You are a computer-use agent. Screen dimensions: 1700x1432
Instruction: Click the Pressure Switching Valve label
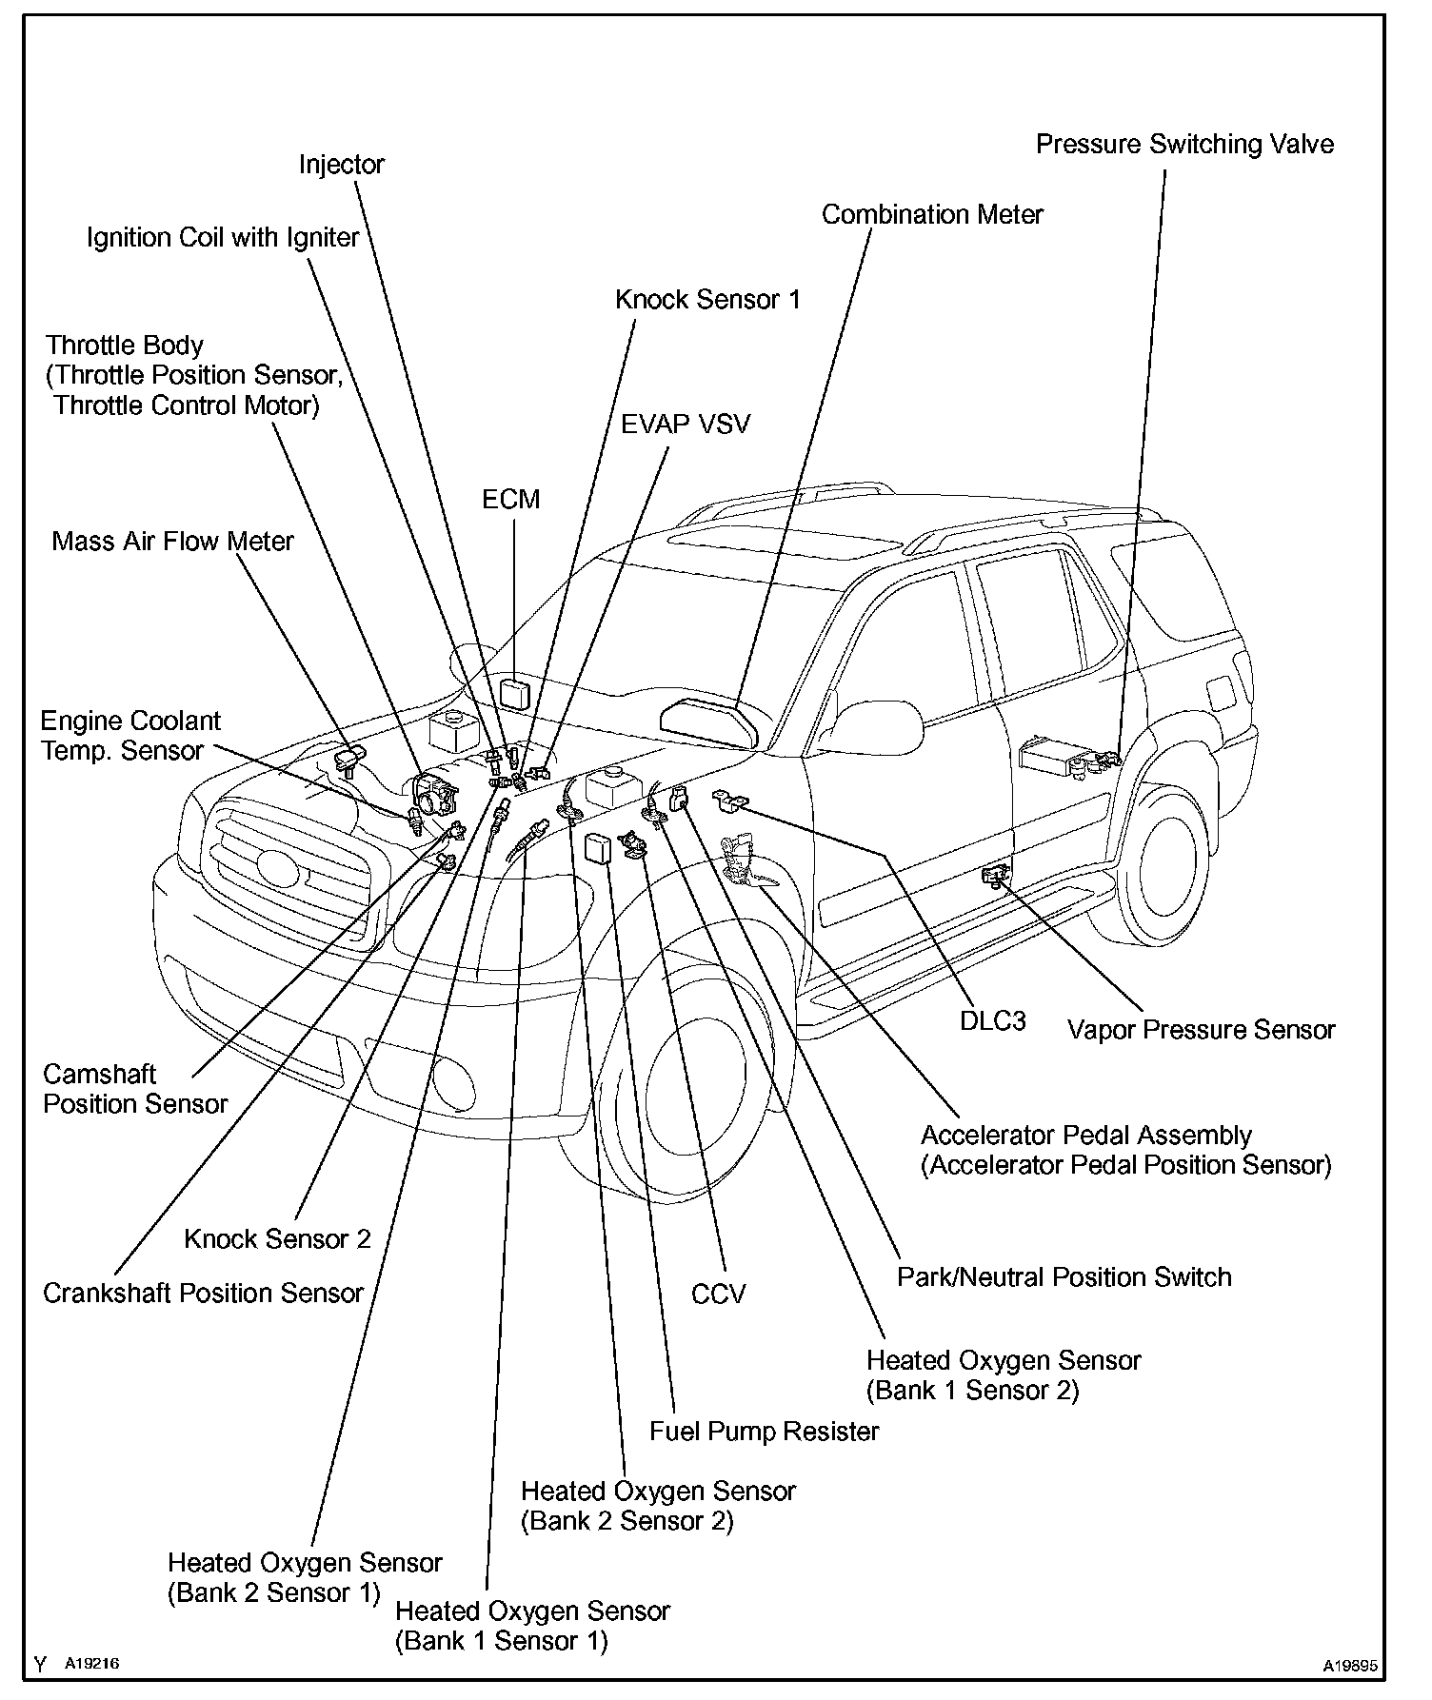coord(1184,145)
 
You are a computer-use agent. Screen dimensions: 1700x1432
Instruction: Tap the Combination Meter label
coord(932,215)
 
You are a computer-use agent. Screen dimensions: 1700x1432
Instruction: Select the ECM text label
coord(510,500)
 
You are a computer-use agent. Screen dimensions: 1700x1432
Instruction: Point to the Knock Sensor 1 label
coord(707,300)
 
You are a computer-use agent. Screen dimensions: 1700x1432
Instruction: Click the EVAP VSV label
coord(686,425)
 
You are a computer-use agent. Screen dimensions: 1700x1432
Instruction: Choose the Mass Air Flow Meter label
coord(172,542)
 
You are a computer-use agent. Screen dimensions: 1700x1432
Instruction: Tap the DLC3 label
coord(993,1021)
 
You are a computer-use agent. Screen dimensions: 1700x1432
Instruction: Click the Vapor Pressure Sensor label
coord(1201,1030)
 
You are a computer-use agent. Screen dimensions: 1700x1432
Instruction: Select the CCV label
coord(719,1295)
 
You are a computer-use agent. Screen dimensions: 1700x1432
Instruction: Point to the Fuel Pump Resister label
coord(764,1432)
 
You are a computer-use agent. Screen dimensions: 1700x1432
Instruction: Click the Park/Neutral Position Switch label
coord(1064,1277)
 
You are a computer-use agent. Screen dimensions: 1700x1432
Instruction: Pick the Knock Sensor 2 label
coord(277,1239)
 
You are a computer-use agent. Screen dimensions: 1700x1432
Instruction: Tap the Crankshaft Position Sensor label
coord(203,1294)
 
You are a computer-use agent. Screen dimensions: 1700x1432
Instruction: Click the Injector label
coord(341,165)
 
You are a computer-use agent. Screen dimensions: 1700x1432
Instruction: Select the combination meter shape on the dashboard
coord(706,721)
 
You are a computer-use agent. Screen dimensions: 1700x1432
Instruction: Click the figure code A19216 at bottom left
coord(91,1663)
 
